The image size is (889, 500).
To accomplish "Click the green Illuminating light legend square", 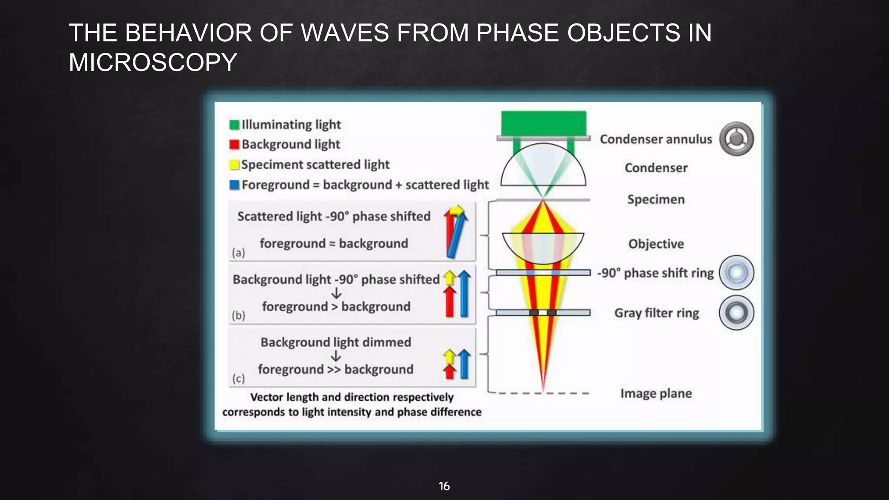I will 234,125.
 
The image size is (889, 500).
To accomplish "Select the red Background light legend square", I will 234,145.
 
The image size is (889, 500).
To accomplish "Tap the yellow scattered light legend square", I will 234,165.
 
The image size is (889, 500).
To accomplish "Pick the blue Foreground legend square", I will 234,185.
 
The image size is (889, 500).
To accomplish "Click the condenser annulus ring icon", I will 736,139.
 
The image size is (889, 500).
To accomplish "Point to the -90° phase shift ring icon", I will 736,273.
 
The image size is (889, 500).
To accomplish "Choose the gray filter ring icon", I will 736,312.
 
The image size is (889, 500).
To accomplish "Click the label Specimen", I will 656,200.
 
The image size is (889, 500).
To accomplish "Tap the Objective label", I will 656,244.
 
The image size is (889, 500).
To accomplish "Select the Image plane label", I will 656,393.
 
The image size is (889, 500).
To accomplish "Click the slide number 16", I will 444,486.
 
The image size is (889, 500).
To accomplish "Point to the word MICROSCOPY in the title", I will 153,62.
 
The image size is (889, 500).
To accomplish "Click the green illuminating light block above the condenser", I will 543,123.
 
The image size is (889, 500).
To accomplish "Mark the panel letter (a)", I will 238,253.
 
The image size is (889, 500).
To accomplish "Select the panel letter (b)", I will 238,316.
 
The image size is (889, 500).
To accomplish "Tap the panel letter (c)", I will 238,378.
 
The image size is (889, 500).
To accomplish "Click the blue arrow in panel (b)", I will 464,294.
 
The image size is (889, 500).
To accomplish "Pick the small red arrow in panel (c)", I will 450,372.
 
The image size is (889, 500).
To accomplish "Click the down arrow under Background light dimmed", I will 336,356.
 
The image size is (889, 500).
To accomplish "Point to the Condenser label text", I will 656,168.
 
